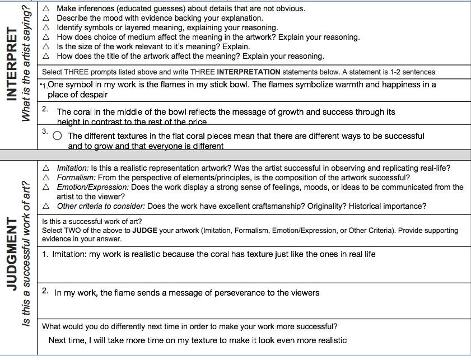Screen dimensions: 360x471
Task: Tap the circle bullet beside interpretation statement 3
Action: pos(57,135)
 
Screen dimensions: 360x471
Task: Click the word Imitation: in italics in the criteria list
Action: pos(73,168)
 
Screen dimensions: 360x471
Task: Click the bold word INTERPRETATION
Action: pos(248,72)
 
